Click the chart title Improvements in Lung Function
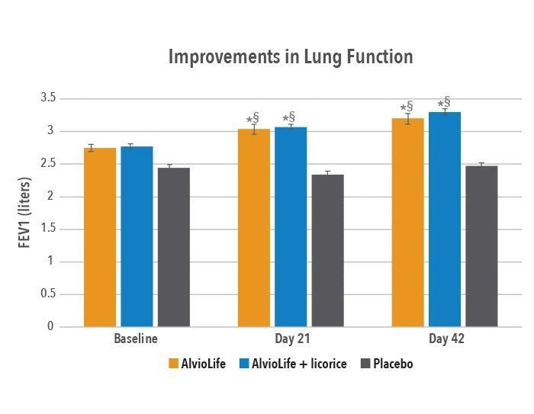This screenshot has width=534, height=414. pyautogui.click(x=290, y=57)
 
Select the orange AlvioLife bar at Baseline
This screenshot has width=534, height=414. pyautogui.click(x=100, y=237)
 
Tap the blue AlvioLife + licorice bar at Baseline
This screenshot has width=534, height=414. pyautogui.click(x=137, y=236)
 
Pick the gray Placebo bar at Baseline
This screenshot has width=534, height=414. pyautogui.click(x=174, y=247)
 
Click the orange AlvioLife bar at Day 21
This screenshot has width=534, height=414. pyautogui.click(x=254, y=228)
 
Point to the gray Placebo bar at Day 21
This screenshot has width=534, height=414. pyautogui.click(x=328, y=251)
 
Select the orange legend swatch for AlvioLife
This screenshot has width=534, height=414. pyautogui.click(x=172, y=364)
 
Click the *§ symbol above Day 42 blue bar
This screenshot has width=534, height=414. pyautogui.click(x=443, y=103)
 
